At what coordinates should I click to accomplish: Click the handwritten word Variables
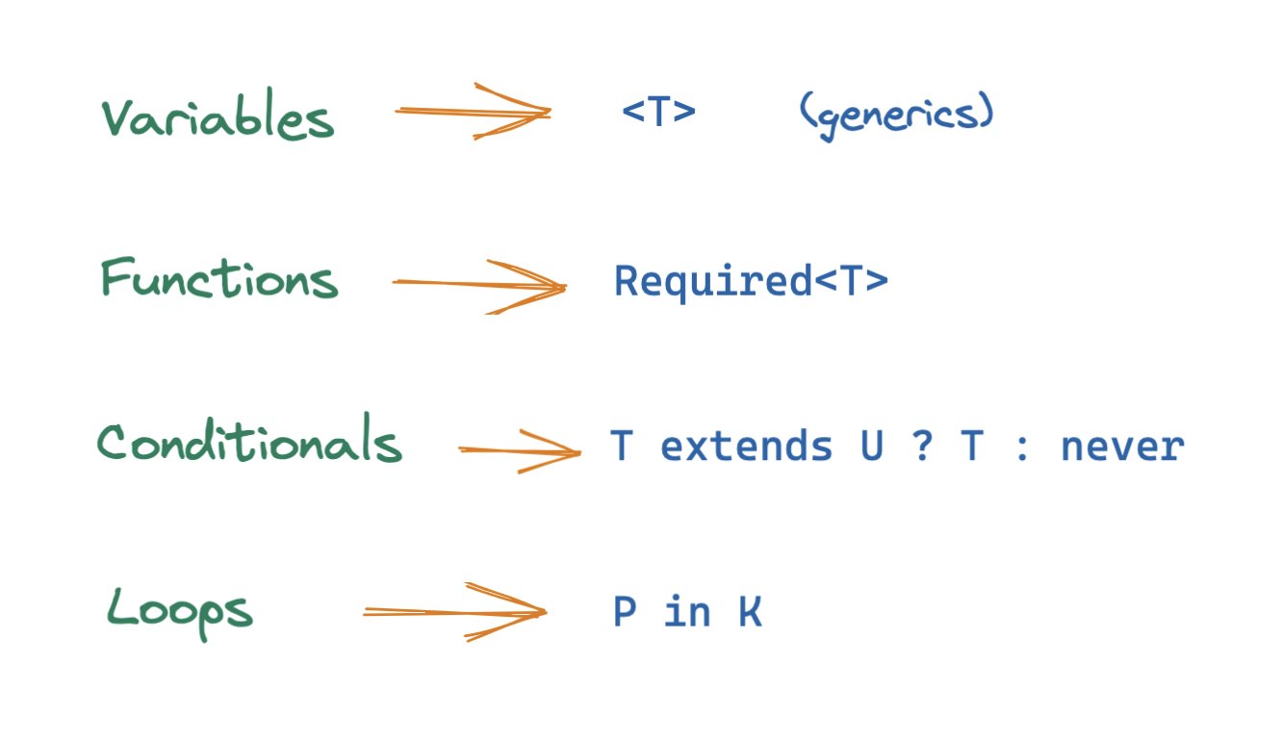pyautogui.click(x=218, y=118)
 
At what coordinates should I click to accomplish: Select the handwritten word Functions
pyautogui.click(x=219, y=280)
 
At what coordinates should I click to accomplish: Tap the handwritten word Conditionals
pyautogui.click(x=249, y=445)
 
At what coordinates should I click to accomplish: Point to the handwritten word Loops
pyautogui.click(x=179, y=610)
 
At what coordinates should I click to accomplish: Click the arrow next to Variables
pyautogui.click(x=473, y=113)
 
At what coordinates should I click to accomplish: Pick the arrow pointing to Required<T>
pyautogui.click(x=479, y=285)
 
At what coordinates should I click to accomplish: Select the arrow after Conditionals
pyautogui.click(x=520, y=450)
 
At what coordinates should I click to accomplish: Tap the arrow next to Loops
pyautogui.click(x=454, y=611)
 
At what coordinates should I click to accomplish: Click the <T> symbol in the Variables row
pyautogui.click(x=658, y=113)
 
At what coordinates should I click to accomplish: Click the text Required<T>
pyautogui.click(x=751, y=282)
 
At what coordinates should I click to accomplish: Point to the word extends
pyautogui.click(x=746, y=447)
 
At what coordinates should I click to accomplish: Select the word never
pyautogui.click(x=1122, y=447)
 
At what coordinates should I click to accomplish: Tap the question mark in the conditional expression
pyautogui.click(x=921, y=447)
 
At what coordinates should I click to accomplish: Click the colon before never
pyautogui.click(x=1022, y=448)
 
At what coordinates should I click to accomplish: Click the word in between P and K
pyautogui.click(x=687, y=612)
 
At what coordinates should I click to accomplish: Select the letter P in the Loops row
pyautogui.click(x=625, y=612)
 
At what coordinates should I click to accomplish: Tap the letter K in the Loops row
pyautogui.click(x=750, y=612)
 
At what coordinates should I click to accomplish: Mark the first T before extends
pyautogui.click(x=622, y=447)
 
